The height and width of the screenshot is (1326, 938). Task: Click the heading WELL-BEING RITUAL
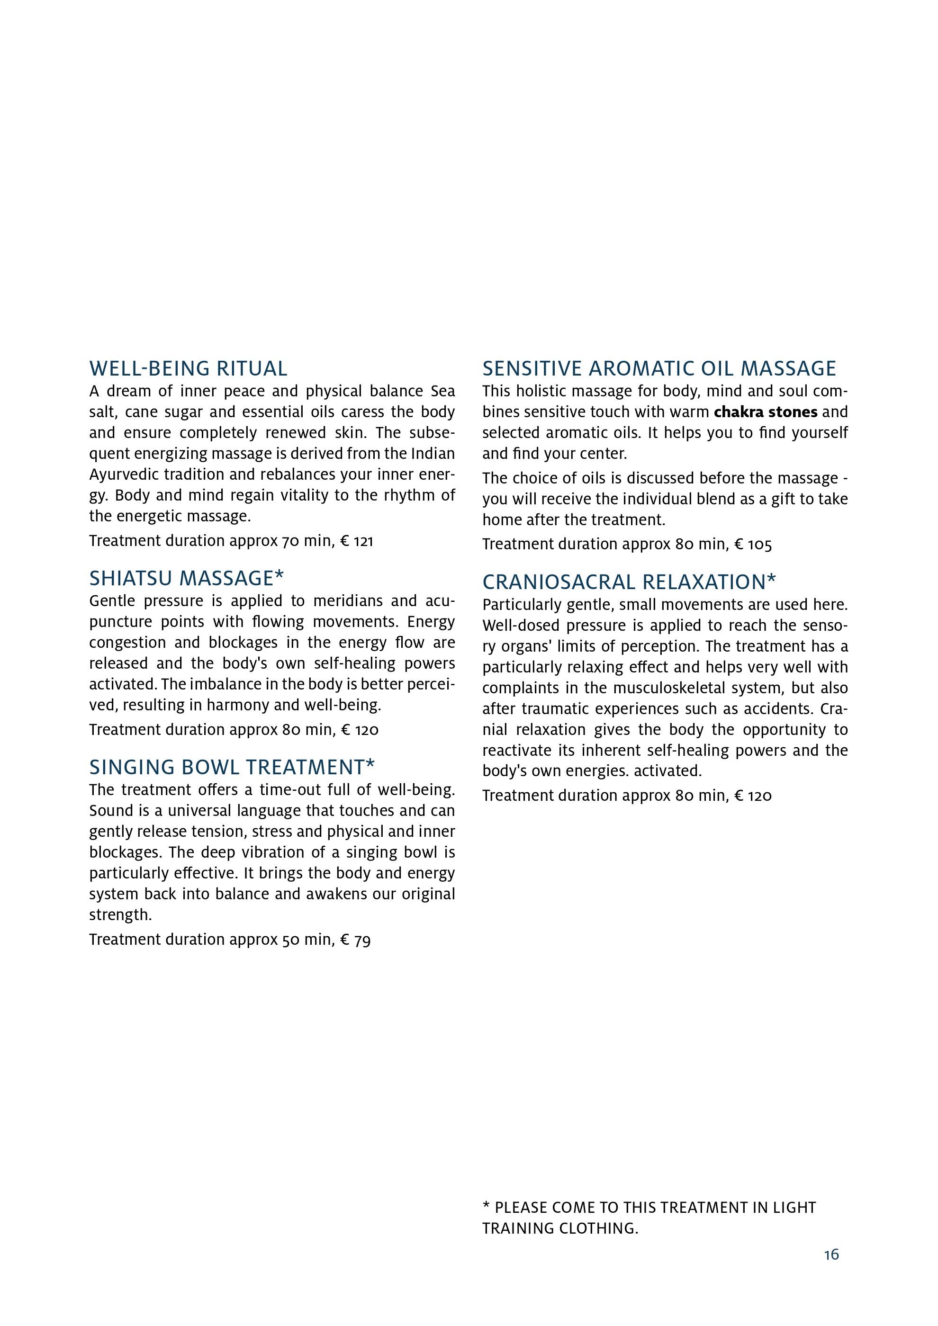tap(188, 368)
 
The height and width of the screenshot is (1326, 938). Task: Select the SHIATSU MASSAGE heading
tap(187, 578)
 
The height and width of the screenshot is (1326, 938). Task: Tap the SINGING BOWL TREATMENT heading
tap(232, 767)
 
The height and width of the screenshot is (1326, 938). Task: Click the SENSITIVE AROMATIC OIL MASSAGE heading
tap(659, 368)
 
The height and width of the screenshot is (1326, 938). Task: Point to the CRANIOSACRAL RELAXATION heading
tap(629, 582)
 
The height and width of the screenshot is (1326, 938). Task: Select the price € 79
tap(355, 940)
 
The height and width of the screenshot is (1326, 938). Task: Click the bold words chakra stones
tap(765, 412)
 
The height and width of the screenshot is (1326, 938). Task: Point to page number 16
tap(831, 1255)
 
